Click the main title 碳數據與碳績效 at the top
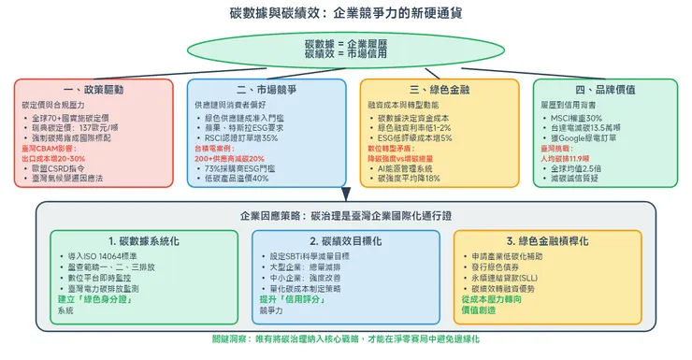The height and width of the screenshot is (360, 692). click(346, 15)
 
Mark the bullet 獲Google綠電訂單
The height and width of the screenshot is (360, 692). click(589, 137)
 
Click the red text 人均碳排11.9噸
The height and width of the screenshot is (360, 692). click(573, 158)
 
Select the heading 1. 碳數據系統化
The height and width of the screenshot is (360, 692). click(137, 240)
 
